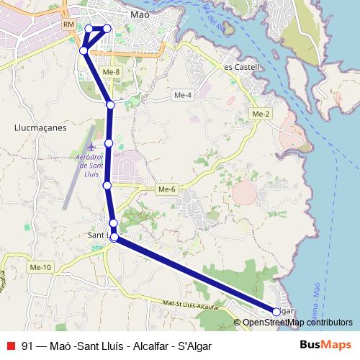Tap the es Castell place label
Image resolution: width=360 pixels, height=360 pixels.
point(241,67)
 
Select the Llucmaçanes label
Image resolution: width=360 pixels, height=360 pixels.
point(40,127)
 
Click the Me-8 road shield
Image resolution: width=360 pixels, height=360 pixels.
point(112,72)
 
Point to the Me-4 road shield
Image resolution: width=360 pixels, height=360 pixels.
point(183,95)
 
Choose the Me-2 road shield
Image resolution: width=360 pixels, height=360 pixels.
point(261,114)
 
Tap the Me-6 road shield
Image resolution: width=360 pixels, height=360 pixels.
point(166,189)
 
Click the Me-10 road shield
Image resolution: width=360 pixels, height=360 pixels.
point(42,267)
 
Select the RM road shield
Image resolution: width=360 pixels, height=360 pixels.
point(69,25)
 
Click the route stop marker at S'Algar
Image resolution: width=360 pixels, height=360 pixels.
point(276,311)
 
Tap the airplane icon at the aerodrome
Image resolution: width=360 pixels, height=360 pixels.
point(92,133)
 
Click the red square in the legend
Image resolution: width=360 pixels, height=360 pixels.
point(10,345)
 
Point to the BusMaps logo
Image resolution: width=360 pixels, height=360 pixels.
point(325,345)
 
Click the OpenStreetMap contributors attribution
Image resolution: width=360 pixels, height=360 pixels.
point(293,322)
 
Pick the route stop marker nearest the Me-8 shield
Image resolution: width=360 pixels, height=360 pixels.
point(111,105)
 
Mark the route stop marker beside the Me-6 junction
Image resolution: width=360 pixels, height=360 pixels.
point(107,186)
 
